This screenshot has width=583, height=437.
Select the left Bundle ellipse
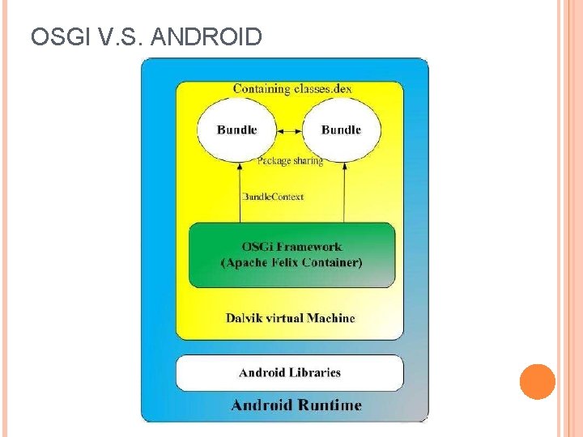236,129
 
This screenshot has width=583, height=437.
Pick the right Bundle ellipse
341,129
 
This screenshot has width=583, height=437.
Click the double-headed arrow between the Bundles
289,129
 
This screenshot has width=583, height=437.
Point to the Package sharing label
290,161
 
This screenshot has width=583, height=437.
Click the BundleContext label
273,197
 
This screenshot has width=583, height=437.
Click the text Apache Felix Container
291,262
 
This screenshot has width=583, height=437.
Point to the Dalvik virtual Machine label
290,318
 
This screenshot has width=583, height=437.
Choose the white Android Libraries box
290,372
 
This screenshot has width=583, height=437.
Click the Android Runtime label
296,405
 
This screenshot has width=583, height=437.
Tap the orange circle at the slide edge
537,382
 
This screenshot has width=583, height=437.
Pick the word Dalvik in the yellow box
243,318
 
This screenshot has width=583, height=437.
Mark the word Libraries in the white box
315,372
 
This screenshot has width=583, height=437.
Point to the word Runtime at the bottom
330,405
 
